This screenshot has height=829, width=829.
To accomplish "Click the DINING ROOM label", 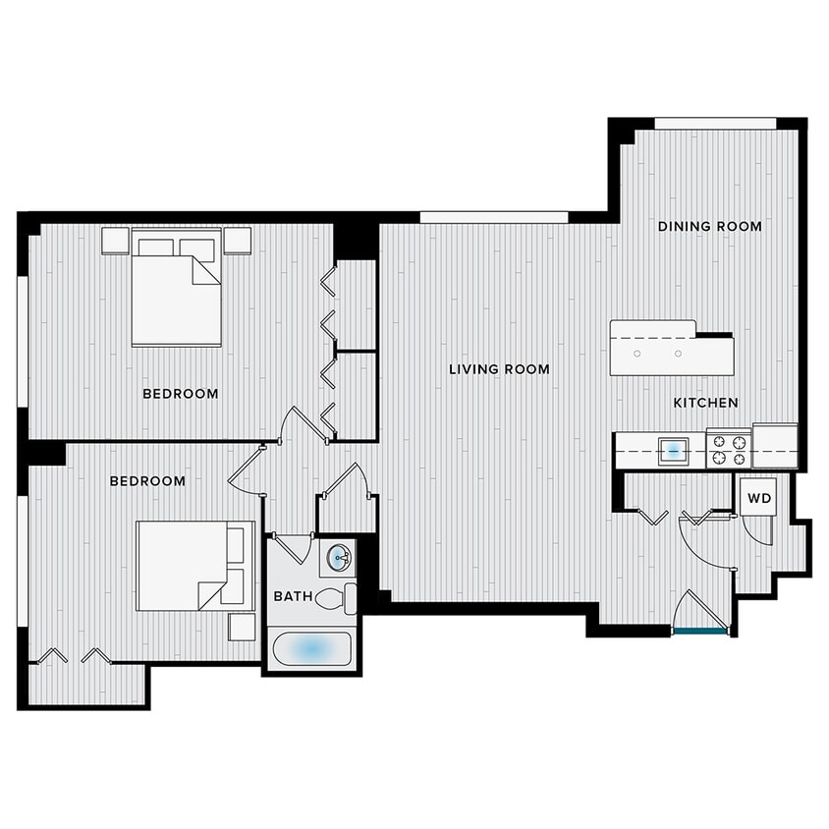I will click(x=709, y=226).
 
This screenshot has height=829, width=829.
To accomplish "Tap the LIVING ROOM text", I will click(x=499, y=369).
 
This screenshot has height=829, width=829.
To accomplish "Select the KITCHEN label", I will click(x=705, y=403).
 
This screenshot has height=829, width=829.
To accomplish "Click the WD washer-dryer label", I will click(x=759, y=499).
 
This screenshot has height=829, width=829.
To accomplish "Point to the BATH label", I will click(x=293, y=596).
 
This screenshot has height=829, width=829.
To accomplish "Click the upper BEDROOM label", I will click(x=180, y=394).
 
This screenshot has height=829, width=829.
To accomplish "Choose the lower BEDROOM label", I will click(x=147, y=481).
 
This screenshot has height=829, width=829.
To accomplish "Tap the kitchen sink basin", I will click(x=673, y=451).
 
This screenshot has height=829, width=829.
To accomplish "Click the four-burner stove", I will click(x=729, y=450).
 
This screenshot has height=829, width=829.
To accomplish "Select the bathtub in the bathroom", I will click(x=311, y=648).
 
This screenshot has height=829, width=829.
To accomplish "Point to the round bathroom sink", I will click(x=339, y=558).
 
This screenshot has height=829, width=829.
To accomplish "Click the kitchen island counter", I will click(x=670, y=350).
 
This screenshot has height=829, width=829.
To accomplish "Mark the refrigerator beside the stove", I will click(x=775, y=446).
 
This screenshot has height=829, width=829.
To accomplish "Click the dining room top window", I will click(x=715, y=124).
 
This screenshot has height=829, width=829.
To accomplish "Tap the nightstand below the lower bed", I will click(x=242, y=627).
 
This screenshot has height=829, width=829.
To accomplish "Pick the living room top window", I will click(x=493, y=217).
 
